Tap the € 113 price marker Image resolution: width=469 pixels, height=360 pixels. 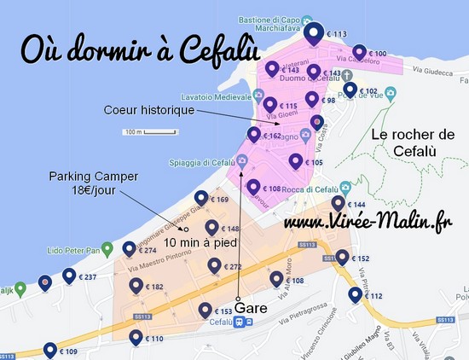tap(315, 35)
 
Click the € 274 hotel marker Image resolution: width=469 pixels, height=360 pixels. tap(129, 249)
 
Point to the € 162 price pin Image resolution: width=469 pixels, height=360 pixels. tap(253, 134)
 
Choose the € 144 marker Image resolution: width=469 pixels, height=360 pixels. tap(339, 204)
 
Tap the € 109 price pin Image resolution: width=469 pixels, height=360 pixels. tap(49, 350)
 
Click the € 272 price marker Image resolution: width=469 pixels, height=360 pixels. tap(213, 266)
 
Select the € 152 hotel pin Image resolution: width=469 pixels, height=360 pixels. tap(343, 257)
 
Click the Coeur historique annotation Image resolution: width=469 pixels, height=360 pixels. tap(149, 110)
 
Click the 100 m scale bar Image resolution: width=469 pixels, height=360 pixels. tap(136, 133)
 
